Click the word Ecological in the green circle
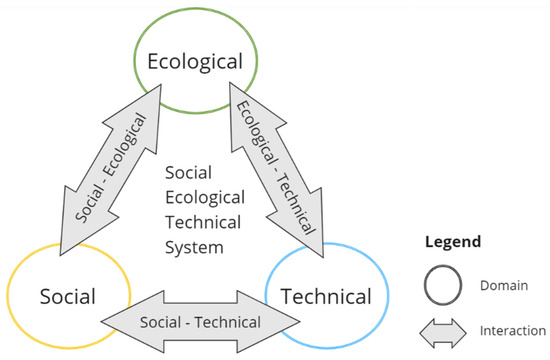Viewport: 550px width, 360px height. coord(194,62)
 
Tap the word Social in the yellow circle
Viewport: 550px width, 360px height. coord(67,296)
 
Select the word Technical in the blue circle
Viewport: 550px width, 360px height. coord(327,296)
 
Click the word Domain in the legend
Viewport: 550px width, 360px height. coord(504,286)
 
